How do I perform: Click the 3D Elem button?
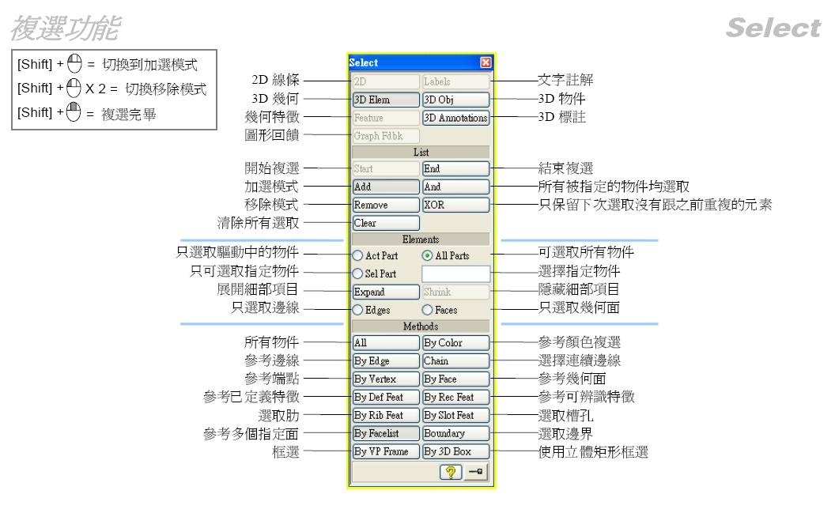click(x=386, y=100)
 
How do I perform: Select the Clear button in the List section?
click(x=386, y=223)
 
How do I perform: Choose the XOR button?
click(x=455, y=205)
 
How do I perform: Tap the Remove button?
click(x=386, y=205)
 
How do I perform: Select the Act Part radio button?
click(x=358, y=256)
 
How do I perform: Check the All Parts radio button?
click(x=427, y=256)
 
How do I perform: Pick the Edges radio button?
click(x=358, y=310)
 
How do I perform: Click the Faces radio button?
click(x=427, y=310)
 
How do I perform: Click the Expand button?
click(x=386, y=292)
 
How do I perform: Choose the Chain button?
click(x=455, y=360)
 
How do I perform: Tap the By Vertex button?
click(x=386, y=379)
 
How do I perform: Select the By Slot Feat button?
click(x=455, y=415)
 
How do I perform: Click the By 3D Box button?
click(x=455, y=451)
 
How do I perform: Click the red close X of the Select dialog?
click(x=486, y=62)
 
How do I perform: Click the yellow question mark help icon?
click(x=451, y=472)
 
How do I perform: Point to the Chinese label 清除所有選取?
click(x=259, y=223)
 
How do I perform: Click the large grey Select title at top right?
click(x=773, y=28)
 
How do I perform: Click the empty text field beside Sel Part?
click(x=455, y=274)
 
